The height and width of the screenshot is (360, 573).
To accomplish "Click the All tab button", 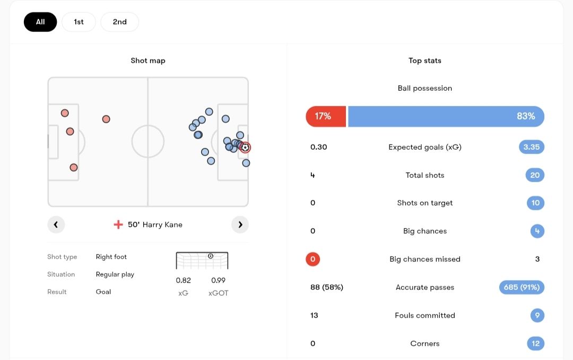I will click(x=40, y=22).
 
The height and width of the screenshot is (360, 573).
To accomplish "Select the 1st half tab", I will click(x=79, y=22).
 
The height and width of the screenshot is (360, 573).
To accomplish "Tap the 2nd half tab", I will click(x=119, y=22).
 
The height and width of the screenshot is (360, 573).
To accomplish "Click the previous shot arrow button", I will click(x=56, y=225).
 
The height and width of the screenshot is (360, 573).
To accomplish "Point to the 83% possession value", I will click(x=526, y=116).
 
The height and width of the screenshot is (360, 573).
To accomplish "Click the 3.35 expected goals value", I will click(x=531, y=147).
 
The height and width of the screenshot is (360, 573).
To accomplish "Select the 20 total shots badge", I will click(x=535, y=175).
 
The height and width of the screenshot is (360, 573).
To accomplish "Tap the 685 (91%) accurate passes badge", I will click(x=522, y=287).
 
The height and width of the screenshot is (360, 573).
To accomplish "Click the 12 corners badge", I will click(x=535, y=344).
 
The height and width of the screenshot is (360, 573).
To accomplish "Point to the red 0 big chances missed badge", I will click(x=312, y=259).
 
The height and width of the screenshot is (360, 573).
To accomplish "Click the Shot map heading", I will click(x=148, y=61).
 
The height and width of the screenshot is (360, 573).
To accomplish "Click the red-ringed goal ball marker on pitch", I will click(x=245, y=148).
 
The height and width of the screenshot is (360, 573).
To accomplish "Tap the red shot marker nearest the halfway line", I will click(x=106, y=119).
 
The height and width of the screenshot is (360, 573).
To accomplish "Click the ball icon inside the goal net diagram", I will click(x=211, y=256).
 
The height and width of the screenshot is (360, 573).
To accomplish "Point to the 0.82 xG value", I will click(x=183, y=280).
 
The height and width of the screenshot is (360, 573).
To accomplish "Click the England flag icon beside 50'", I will click(x=118, y=225).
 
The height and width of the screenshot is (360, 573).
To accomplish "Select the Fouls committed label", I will click(x=424, y=315).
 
